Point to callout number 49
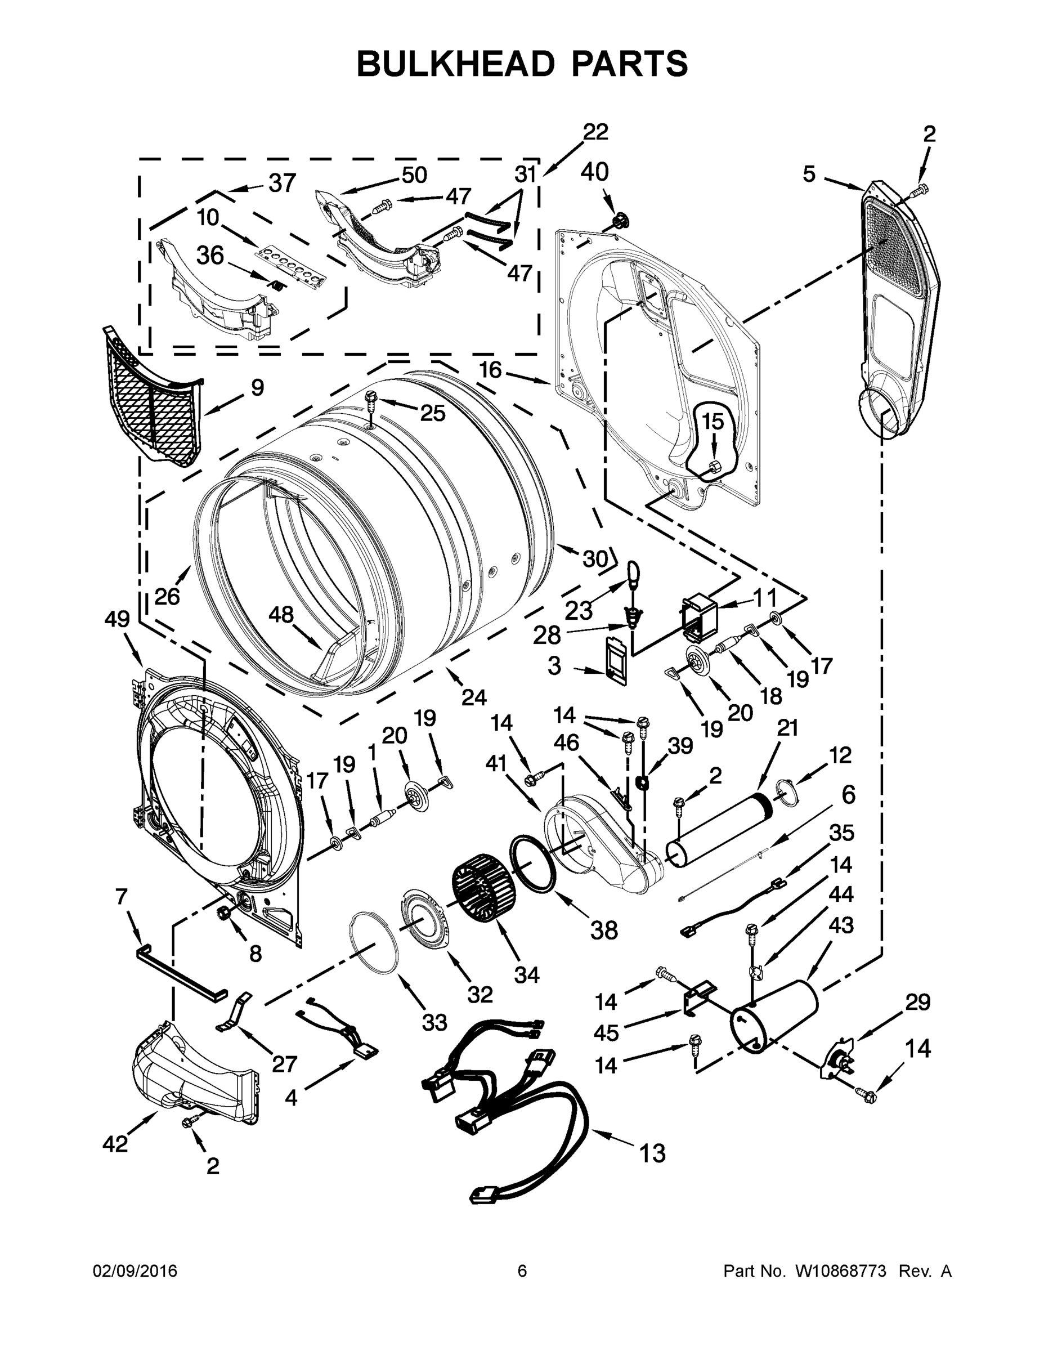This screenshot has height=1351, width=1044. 117,619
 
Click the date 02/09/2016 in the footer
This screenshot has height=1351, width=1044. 135,1271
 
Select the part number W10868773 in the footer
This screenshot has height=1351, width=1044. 840,1271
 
